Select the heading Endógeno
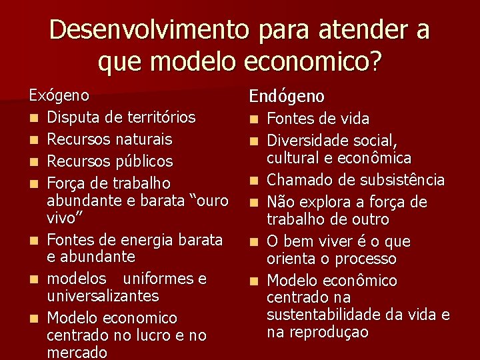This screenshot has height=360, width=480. point(287,97)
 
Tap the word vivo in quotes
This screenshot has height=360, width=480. point(65,217)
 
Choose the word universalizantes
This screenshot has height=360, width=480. point(103,295)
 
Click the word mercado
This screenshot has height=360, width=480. point(77,352)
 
